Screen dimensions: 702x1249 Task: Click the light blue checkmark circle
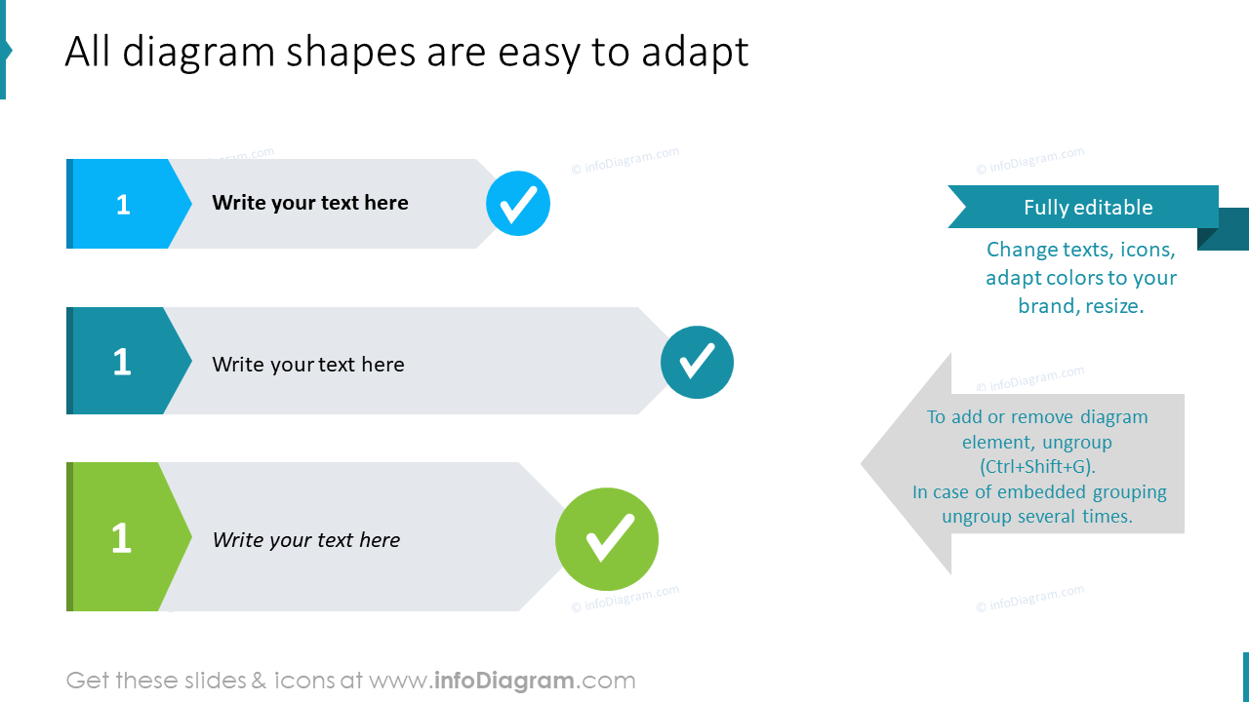tap(518, 204)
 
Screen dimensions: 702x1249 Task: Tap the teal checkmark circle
tap(697, 362)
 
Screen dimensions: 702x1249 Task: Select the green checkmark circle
tap(607, 539)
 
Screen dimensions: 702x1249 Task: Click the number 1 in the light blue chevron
tap(123, 205)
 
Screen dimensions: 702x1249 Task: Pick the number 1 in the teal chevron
tap(122, 363)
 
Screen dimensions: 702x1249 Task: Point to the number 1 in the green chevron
tap(121, 539)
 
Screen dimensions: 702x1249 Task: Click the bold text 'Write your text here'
tap(310, 203)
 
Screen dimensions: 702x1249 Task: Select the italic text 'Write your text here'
tap(306, 540)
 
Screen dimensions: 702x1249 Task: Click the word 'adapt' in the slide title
tap(695, 53)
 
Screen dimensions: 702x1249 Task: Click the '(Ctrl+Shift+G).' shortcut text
tap(1037, 466)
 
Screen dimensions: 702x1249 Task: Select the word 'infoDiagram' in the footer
tap(502, 681)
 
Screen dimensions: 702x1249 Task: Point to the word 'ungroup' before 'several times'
tap(976, 517)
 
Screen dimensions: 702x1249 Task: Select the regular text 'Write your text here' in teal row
tap(308, 365)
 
